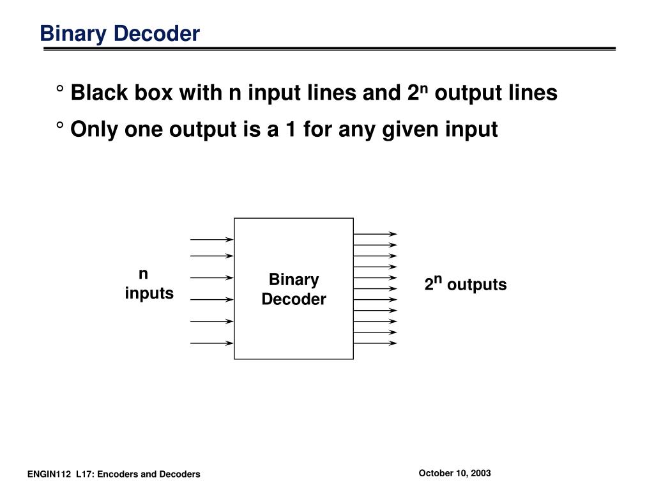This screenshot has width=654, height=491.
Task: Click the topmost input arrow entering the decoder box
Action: tap(212, 240)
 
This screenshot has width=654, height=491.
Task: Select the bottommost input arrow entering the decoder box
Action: tap(212, 343)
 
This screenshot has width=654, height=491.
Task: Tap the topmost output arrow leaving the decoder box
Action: tap(375, 235)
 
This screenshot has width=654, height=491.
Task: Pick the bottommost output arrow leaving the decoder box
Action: tap(375, 343)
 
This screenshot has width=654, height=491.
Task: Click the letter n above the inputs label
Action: tap(144, 274)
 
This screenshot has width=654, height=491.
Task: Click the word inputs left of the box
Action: tap(149, 293)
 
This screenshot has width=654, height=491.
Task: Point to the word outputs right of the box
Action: tap(476, 285)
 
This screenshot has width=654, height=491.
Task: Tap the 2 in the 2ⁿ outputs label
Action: tap(429, 286)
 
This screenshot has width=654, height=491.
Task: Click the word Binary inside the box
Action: tap(294, 280)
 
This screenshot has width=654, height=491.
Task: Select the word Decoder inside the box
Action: tap(294, 299)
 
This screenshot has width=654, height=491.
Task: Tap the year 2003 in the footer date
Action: tap(480, 473)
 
